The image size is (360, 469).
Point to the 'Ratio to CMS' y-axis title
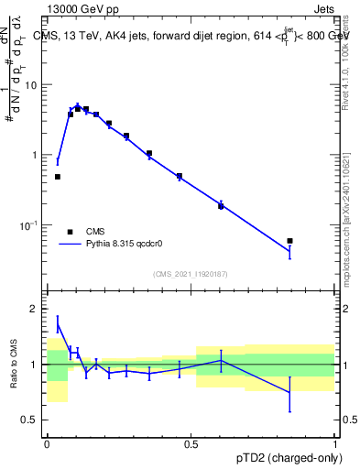coord(15,364)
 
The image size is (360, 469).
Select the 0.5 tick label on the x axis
coord(191,443)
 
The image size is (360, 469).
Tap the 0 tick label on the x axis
coord(47,443)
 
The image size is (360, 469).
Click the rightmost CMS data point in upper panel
coord(289,241)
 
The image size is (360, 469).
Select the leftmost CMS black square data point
coord(58,177)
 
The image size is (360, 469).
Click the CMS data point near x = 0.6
coord(221,206)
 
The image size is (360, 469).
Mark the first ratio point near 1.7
coord(58,323)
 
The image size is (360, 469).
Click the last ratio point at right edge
coord(289,393)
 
